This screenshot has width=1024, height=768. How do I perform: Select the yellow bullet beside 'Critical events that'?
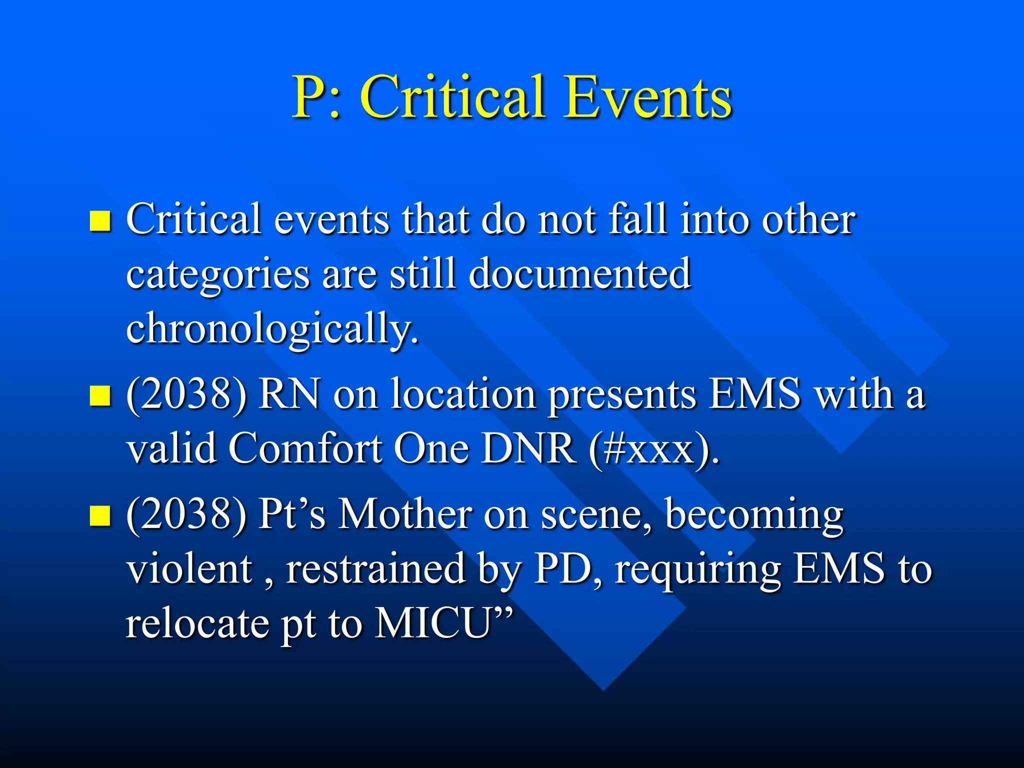point(100,220)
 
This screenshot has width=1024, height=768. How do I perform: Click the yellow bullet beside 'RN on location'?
point(100,395)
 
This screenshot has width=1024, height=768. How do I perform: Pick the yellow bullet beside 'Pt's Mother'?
point(100,515)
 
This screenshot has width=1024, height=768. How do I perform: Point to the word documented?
point(580,274)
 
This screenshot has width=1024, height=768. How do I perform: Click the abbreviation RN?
point(289,394)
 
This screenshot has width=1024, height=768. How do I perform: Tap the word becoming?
point(754,516)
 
